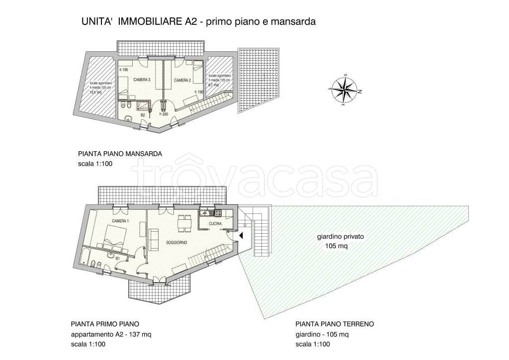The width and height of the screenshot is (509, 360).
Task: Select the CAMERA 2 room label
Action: point(182,80)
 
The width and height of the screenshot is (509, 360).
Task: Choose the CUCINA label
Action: point(215,224)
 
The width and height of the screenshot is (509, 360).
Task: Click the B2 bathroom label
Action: point(143,115)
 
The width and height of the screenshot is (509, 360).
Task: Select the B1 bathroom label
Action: point(117,258)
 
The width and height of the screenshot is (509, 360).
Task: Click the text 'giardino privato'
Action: point(340,237)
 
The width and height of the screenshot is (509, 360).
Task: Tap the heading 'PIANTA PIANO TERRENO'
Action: point(334,324)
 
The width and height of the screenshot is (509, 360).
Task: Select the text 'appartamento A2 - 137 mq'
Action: point(110,334)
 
